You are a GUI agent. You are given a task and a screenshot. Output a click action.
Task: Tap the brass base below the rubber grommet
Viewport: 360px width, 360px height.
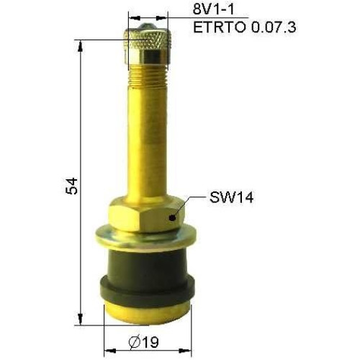pyautogui.click(x=147, y=310)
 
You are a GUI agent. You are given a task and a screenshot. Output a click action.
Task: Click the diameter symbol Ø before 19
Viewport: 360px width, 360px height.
pyautogui.click(x=134, y=343)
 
